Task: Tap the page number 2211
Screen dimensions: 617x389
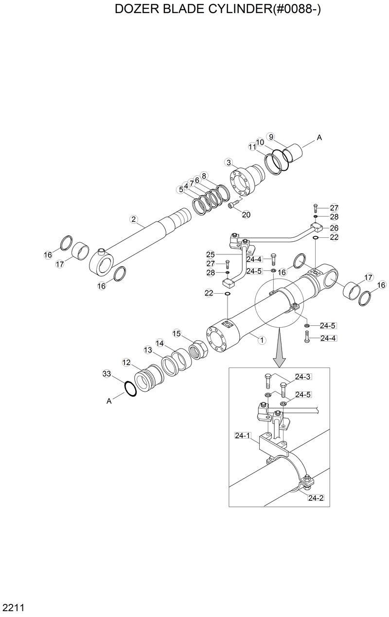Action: click(14, 607)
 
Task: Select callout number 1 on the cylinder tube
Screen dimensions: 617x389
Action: click(261, 340)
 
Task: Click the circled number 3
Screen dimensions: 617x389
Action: click(229, 162)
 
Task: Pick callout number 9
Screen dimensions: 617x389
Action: click(271, 136)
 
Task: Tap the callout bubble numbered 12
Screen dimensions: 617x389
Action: click(126, 362)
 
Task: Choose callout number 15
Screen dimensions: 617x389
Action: click(177, 334)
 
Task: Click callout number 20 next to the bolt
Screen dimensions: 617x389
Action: click(246, 214)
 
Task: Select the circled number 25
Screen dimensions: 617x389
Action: click(210, 254)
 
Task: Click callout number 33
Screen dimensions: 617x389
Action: click(107, 374)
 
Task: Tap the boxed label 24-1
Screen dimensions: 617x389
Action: click(242, 435)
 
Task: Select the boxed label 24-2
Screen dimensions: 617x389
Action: click(316, 498)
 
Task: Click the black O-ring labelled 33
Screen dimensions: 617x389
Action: click(130, 389)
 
